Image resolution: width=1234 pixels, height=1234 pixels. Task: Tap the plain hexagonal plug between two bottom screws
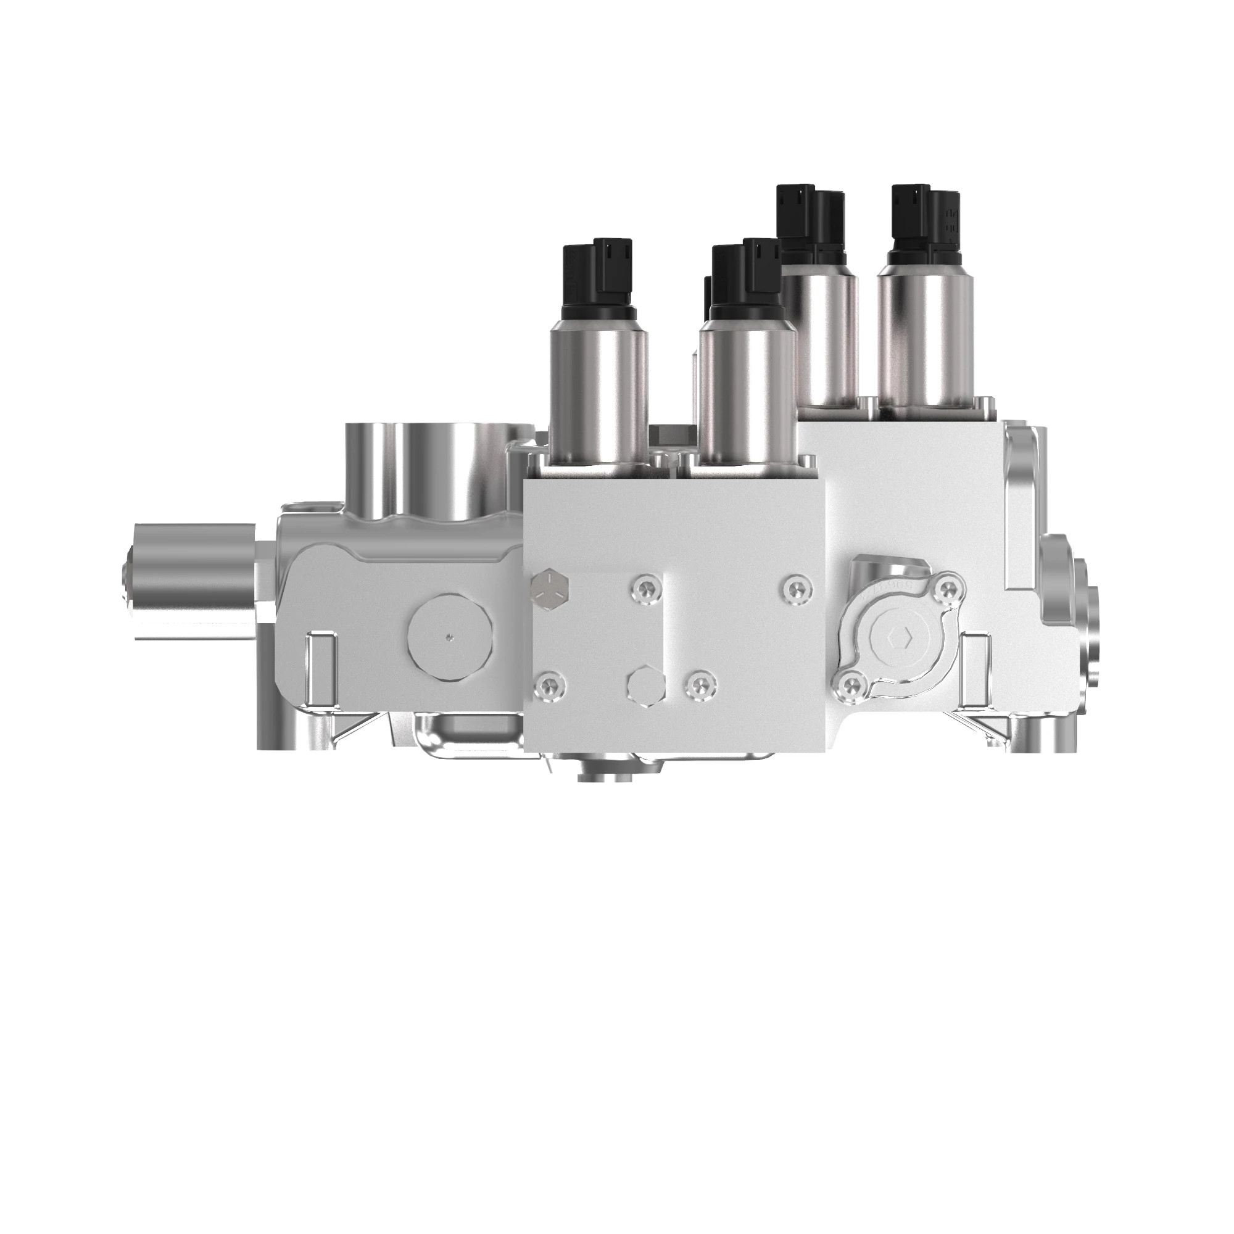click(x=645, y=689)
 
